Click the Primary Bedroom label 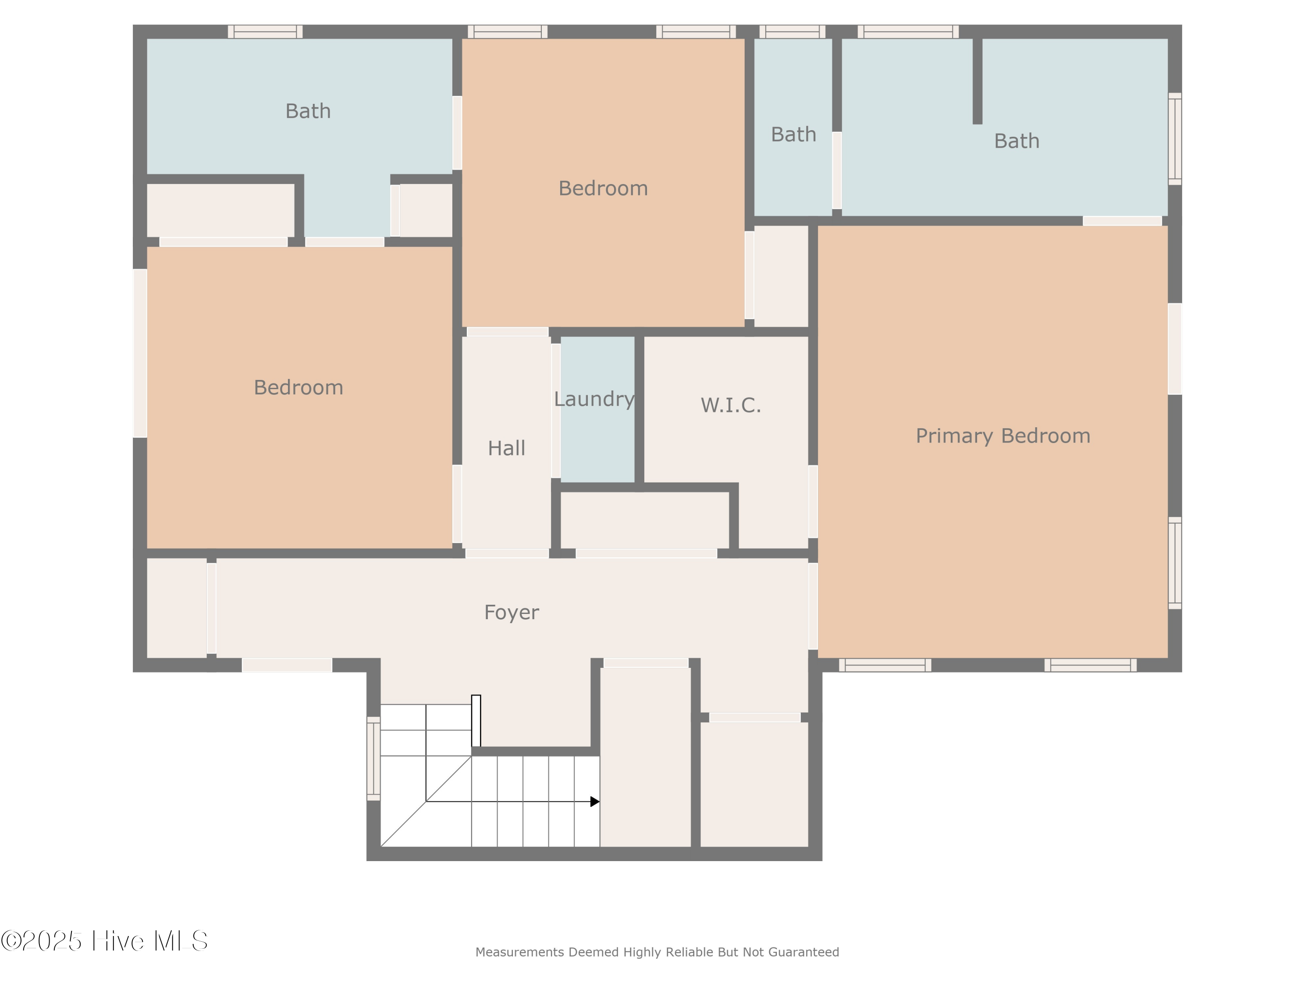[1003, 436]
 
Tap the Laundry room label [594, 399]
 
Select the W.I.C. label [731, 405]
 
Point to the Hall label [507, 448]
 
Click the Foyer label [511, 612]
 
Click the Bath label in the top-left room [308, 111]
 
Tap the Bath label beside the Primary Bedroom [1016, 142]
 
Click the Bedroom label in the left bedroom [299, 387]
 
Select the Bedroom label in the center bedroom [603, 188]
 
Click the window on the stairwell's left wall [373, 759]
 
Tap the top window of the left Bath [265, 32]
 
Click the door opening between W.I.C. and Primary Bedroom [813, 501]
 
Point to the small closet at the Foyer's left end [177, 607]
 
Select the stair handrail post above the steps [476, 720]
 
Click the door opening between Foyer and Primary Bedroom [813, 606]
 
